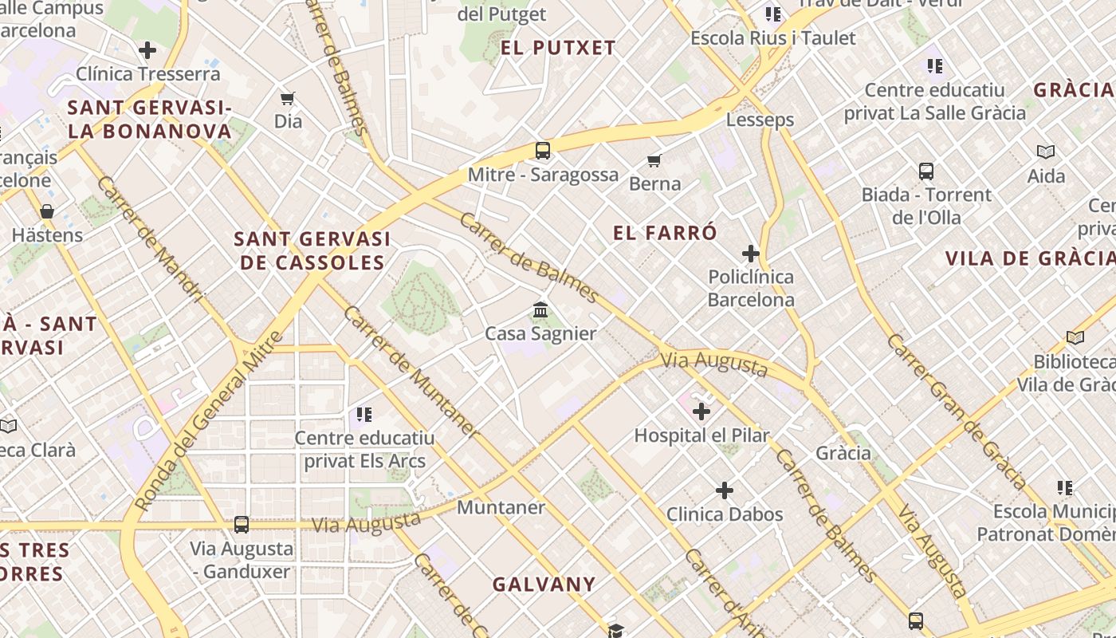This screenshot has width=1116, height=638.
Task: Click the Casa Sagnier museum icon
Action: click(x=540, y=309)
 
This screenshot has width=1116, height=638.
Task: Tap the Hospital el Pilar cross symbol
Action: click(x=701, y=412)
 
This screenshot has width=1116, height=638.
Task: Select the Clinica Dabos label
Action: click(x=725, y=514)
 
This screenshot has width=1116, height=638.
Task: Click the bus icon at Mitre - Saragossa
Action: click(x=543, y=150)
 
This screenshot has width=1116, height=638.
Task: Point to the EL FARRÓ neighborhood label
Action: click(x=665, y=233)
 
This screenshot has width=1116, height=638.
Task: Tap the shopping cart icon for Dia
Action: click(x=288, y=99)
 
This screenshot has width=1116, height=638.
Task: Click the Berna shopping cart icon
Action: click(x=654, y=160)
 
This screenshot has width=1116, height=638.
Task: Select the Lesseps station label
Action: click(x=760, y=120)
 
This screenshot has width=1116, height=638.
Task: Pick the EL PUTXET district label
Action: click(x=558, y=48)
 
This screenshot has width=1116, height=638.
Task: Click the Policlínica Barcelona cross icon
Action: click(x=750, y=254)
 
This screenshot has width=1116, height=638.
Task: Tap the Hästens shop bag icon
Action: click(x=47, y=211)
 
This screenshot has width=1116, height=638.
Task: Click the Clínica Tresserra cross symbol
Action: click(x=147, y=50)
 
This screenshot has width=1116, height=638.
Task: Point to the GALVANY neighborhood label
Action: click(x=544, y=585)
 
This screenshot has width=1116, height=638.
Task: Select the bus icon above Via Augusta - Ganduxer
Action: click(x=241, y=525)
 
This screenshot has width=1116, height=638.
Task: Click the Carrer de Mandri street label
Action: click(x=151, y=239)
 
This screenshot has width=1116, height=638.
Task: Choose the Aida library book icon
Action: click(x=1046, y=152)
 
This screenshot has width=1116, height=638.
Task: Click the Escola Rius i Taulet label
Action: click(x=772, y=38)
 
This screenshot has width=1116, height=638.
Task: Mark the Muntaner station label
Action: click(x=501, y=507)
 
